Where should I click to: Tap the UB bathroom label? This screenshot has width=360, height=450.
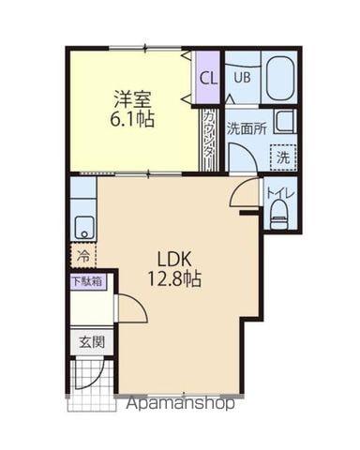[242, 78]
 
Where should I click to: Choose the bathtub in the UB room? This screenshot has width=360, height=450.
[278, 79]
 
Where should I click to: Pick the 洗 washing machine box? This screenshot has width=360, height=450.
[282, 158]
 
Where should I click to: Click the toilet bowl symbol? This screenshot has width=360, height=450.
[278, 215]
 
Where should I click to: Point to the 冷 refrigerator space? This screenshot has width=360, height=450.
[83, 254]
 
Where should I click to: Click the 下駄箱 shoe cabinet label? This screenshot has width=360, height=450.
[86, 280]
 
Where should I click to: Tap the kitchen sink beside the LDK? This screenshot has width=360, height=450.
[83, 226]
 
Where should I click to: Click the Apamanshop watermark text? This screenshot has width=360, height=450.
[180, 404]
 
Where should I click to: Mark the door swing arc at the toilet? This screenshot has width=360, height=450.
[244, 192]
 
